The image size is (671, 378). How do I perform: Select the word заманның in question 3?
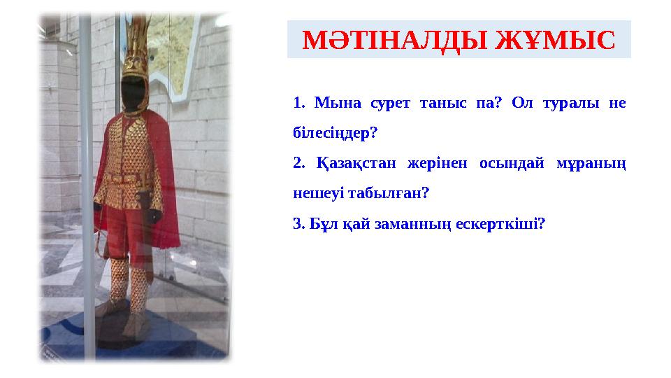click(413, 224)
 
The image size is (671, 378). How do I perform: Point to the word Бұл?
click(317, 224)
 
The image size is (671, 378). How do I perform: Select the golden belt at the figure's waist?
click(130, 178)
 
